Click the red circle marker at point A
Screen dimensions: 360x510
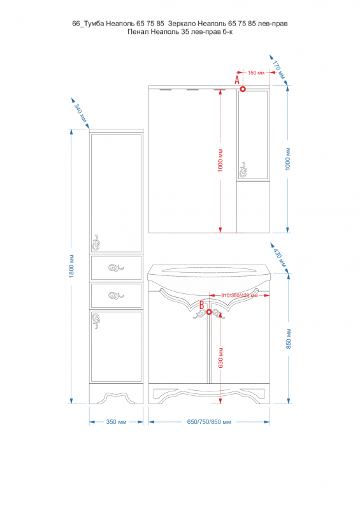click(x=243, y=89)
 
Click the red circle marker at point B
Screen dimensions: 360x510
click(x=209, y=312)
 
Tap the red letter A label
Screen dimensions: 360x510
click(x=237, y=80)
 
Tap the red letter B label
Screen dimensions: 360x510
click(x=201, y=305)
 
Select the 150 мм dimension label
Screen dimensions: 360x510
click(x=256, y=73)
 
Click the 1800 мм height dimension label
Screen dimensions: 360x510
click(x=71, y=266)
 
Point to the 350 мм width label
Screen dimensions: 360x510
click(x=116, y=422)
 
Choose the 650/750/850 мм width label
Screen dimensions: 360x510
click(x=209, y=422)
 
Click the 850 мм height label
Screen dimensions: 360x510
click(x=289, y=339)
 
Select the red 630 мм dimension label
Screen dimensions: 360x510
click(x=221, y=358)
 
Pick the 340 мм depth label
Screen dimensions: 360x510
click(x=81, y=113)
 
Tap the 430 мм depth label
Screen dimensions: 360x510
click(x=279, y=258)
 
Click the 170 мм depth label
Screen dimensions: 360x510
click(x=278, y=70)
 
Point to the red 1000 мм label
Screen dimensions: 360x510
click(x=221, y=161)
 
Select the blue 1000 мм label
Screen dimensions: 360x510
click(x=288, y=159)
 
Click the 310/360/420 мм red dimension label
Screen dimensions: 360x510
click(x=240, y=295)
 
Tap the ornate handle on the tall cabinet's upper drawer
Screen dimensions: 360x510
click(x=116, y=268)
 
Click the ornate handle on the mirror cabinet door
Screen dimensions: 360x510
click(x=243, y=170)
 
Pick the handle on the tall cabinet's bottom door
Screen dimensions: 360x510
click(x=96, y=321)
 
